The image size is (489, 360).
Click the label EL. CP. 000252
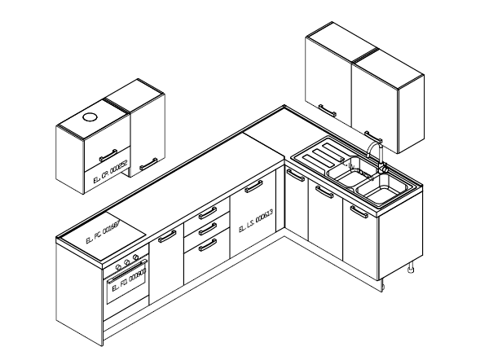pos(111,171)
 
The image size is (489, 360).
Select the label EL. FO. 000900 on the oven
pos(126,285)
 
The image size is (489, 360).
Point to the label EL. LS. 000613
pos(255,221)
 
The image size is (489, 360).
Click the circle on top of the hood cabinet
pos(89,116)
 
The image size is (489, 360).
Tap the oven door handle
pos(127,274)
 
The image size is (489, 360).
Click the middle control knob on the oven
pos(126,263)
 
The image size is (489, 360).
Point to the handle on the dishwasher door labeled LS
pos(253,187)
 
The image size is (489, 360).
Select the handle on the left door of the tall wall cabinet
pos(327,108)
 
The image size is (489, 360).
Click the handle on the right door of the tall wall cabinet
pos(373,135)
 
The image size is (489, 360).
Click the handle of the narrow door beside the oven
pos(167,236)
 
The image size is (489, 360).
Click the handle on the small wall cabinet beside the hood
pos(148,165)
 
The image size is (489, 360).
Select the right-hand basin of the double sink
pos(380,191)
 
